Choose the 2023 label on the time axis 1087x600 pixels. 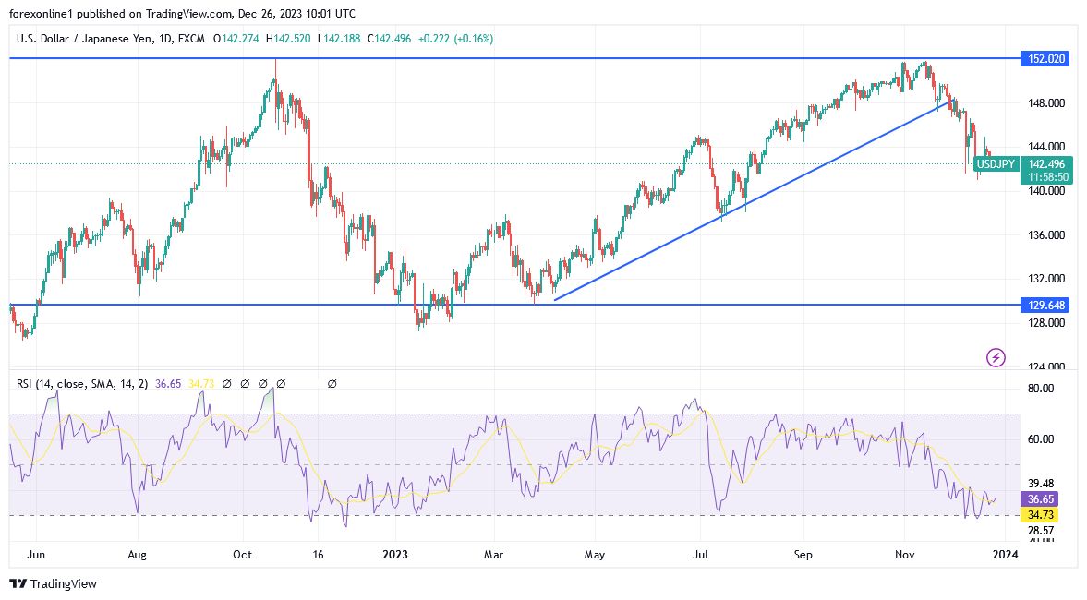[x=395, y=555]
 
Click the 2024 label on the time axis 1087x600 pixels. [x=1005, y=555]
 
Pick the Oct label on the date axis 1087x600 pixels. [x=243, y=555]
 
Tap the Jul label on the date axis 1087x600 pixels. [x=701, y=555]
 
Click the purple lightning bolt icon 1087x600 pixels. [x=996, y=357]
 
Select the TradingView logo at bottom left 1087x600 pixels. [x=53, y=583]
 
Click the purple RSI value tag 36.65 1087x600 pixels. [x=1042, y=498]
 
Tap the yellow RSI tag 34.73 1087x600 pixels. [x=1042, y=513]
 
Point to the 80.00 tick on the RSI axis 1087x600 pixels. [x=1041, y=389]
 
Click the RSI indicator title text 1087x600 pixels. [x=82, y=383]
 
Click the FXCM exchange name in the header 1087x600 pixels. [x=192, y=39]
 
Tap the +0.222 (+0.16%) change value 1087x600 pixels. [x=455, y=39]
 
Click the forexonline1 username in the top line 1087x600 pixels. [x=42, y=13]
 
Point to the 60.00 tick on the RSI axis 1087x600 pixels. [x=1041, y=439]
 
